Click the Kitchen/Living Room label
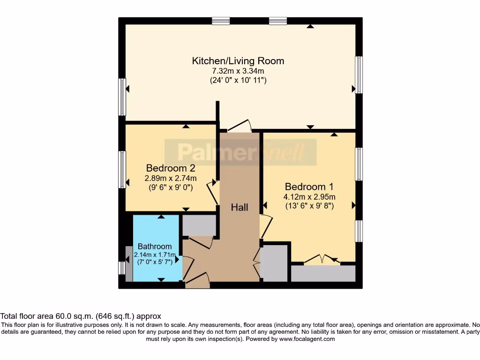pyautogui.click(x=238, y=60)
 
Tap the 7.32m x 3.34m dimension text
pyautogui.click(x=238, y=71)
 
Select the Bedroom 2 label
pyautogui.click(x=171, y=168)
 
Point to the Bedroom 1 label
pyautogui.click(x=309, y=186)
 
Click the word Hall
pyautogui.click(x=240, y=207)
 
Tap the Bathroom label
pyautogui.click(x=154, y=246)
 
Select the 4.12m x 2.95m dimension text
pyautogui.click(x=309, y=196)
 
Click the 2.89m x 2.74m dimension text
pyautogui.click(x=171, y=178)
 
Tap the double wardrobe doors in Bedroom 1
pyautogui.click(x=322, y=259)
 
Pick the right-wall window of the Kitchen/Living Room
pyautogui.click(x=359, y=75)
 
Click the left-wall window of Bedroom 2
pyautogui.click(x=122, y=169)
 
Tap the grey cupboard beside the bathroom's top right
pyautogui.click(x=199, y=225)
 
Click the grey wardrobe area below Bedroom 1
pyautogui.click(x=323, y=274)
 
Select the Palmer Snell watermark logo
pyautogui.click(x=240, y=152)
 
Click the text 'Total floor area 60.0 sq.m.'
pyautogui.click(x=47, y=316)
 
